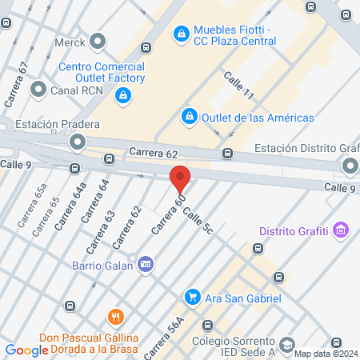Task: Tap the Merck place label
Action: [69, 40]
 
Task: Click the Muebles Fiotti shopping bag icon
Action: [182, 34]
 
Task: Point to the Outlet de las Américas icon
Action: [190, 117]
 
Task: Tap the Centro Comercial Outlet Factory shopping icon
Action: [122, 97]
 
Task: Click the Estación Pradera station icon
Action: [78, 142]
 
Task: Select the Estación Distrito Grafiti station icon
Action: [350, 166]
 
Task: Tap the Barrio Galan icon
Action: [146, 263]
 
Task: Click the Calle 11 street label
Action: [238, 86]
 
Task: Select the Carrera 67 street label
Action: [17, 85]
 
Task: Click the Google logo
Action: [26, 350]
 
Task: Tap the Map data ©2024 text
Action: [326, 354]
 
